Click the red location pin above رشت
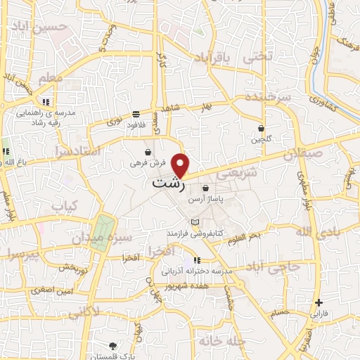click(181, 165)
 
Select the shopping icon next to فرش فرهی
click(148, 152)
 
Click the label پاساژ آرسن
click(205, 200)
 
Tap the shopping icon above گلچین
click(262, 129)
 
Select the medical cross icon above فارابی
click(319, 302)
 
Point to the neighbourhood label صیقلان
click(304, 153)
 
